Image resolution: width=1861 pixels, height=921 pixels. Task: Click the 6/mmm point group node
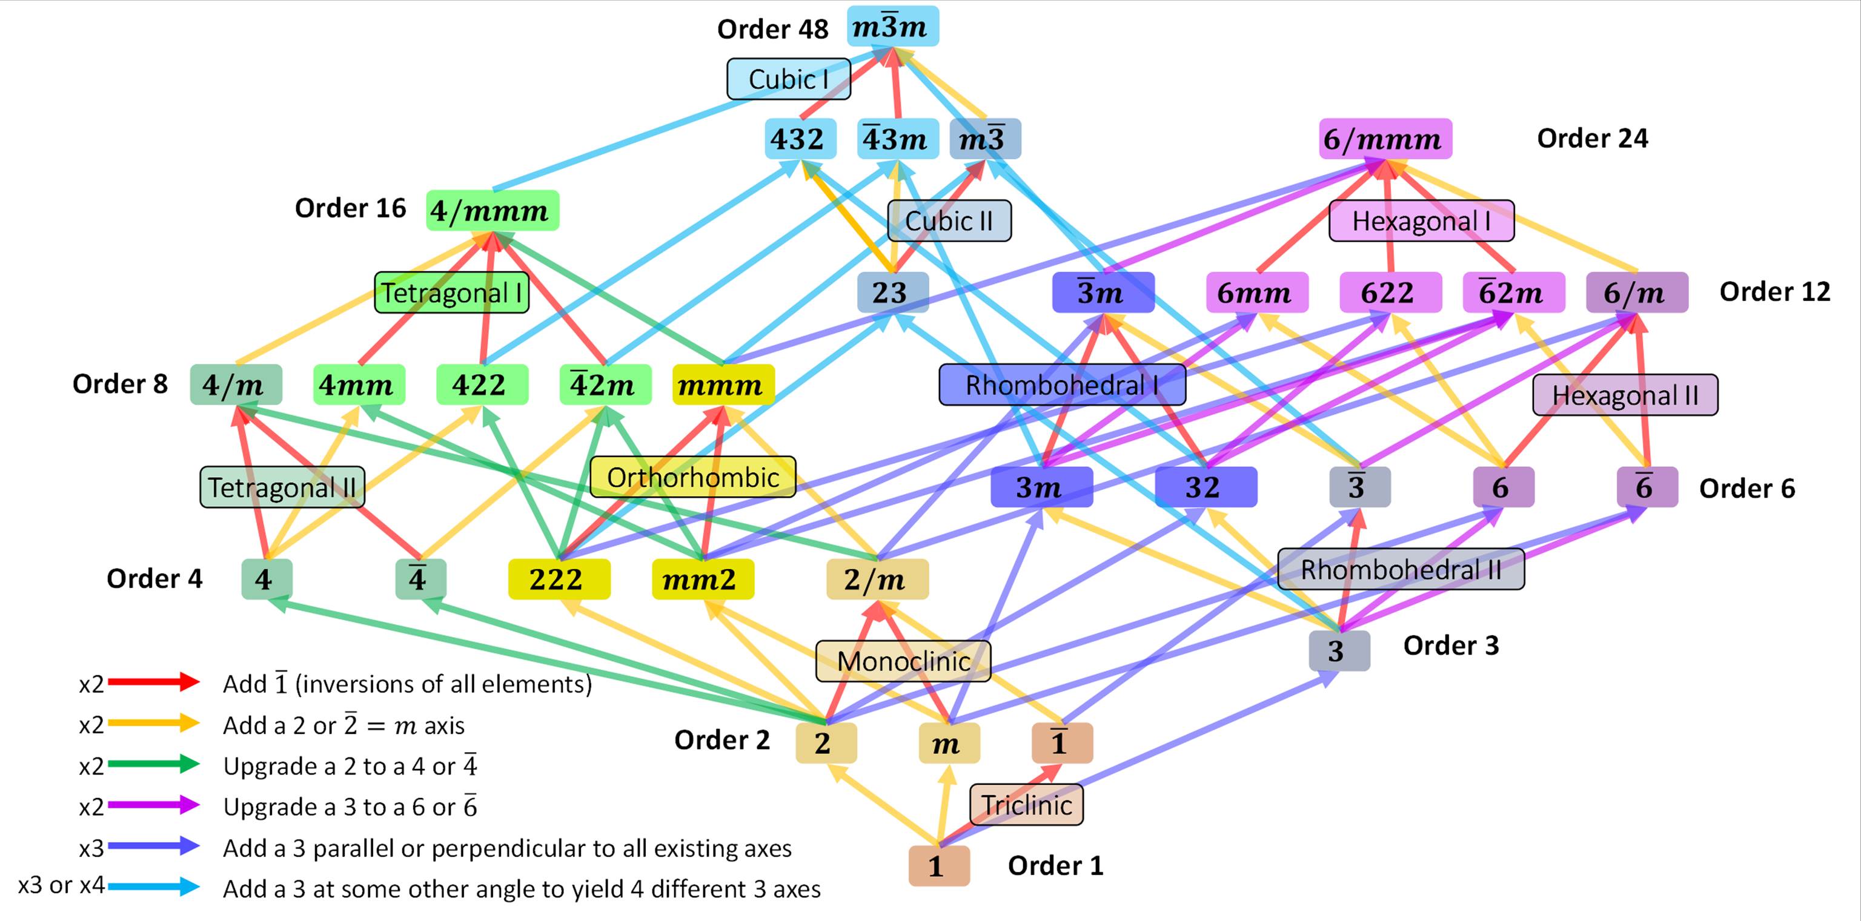tap(1385, 139)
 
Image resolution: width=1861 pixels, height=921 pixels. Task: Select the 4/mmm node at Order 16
tap(492, 211)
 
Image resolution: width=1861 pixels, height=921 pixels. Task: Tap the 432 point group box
tap(800, 139)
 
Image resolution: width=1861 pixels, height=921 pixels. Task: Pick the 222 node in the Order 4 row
tap(559, 579)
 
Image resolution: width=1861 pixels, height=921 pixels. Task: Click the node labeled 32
tap(1205, 487)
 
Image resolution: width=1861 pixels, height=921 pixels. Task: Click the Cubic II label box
tap(949, 220)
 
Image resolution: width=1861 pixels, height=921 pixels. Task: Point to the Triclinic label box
tap(1026, 804)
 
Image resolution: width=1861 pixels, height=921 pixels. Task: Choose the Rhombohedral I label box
tap(1061, 385)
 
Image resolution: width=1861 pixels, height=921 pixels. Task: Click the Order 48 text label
tap(772, 29)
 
